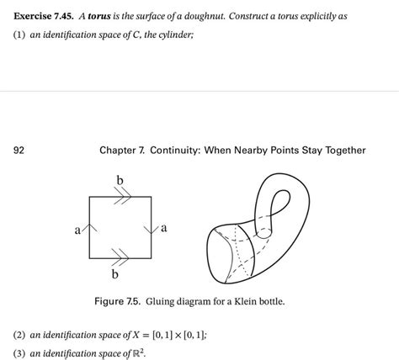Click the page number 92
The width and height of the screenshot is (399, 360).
[x=19, y=151]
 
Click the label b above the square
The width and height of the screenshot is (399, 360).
[x=120, y=179]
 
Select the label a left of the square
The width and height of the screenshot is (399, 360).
[x=78, y=229]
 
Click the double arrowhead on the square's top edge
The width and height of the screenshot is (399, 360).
[x=121, y=197]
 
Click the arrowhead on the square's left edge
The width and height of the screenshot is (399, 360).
[x=91, y=226]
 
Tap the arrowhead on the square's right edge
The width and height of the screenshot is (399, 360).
[x=151, y=227]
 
